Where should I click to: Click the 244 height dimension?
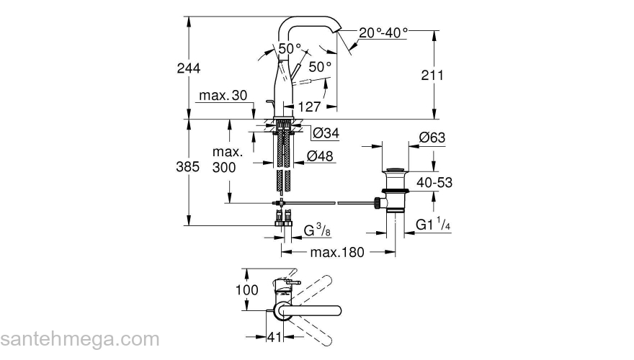click(188, 68)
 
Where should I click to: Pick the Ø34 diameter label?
click(326, 133)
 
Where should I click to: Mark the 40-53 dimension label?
click(434, 183)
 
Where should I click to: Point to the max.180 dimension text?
click(338, 253)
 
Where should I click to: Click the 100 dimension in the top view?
click(246, 290)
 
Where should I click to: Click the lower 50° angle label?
click(320, 66)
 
